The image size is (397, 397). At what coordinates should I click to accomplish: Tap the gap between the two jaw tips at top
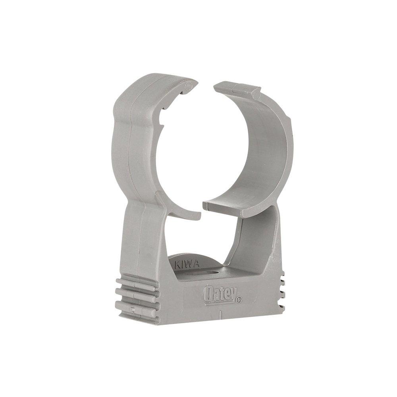(x=204, y=89)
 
